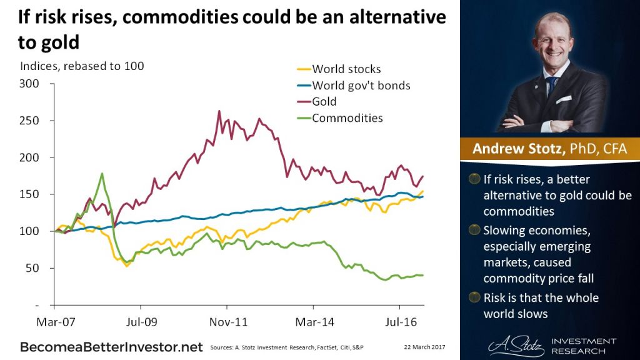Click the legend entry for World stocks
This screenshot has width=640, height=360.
point(346,69)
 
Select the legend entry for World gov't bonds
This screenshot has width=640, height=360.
point(361,86)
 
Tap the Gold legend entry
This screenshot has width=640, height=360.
point(324,102)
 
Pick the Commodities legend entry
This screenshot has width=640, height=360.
point(347,118)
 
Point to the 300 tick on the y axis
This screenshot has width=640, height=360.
point(30,84)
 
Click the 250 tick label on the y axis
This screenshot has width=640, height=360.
point(30,121)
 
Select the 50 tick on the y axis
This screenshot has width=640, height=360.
point(32,268)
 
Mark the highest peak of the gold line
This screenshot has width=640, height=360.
point(219,112)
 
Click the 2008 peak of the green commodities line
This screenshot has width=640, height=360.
point(101,174)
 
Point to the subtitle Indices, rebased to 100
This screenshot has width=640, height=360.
point(82,66)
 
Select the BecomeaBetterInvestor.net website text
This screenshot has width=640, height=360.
point(112,346)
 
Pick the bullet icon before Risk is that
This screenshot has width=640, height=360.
point(474,297)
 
